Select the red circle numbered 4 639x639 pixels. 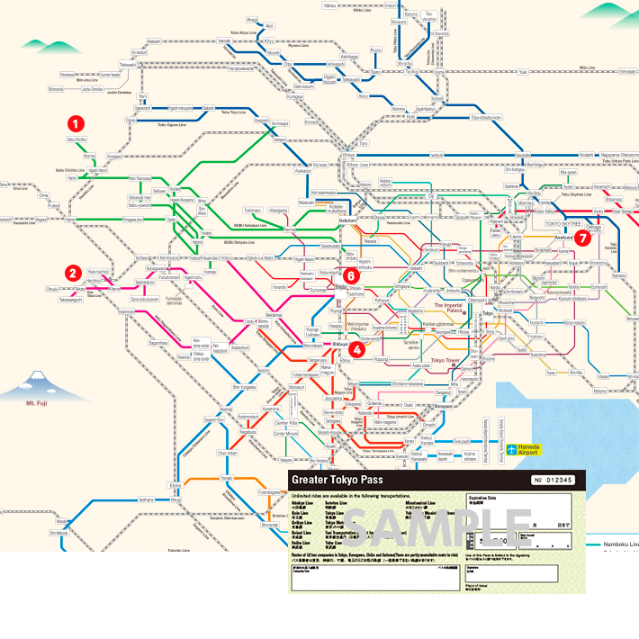357,349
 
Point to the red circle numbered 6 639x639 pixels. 350,275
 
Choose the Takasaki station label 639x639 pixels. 127,65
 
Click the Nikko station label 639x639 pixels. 329,5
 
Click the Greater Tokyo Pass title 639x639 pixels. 329,481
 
